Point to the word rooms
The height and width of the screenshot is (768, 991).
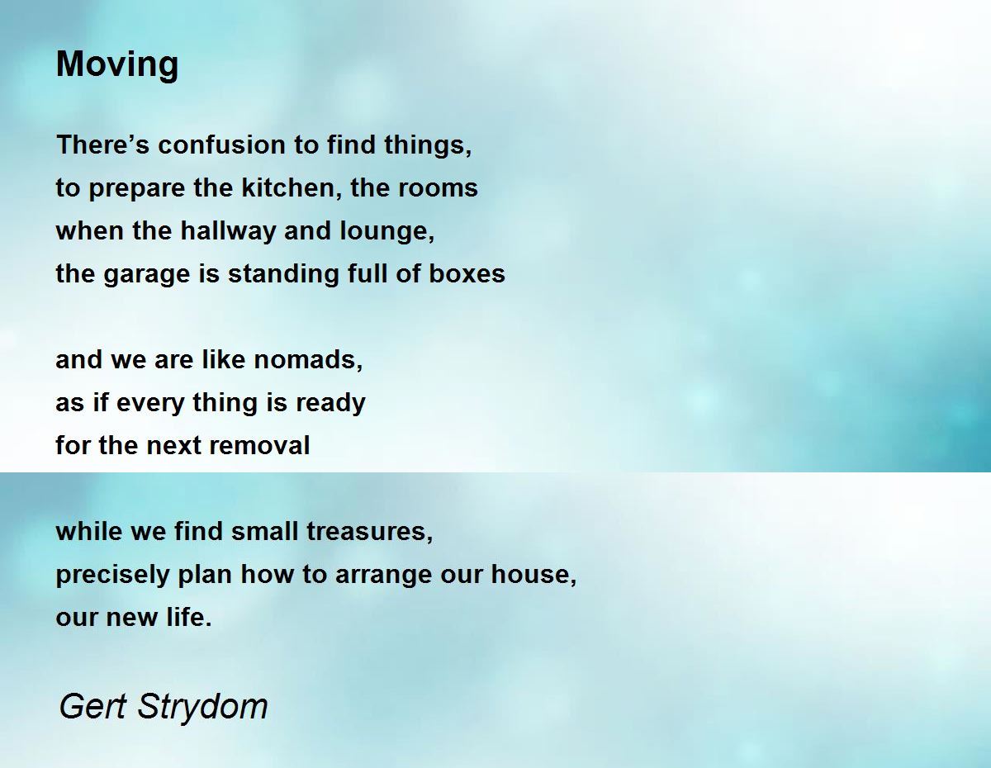point(438,188)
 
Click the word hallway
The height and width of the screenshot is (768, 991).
point(229,231)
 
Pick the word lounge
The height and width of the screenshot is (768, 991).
point(387,231)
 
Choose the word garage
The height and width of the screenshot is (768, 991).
point(147,274)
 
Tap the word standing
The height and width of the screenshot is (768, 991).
point(283,274)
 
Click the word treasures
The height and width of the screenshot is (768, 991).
point(370,532)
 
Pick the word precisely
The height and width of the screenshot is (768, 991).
point(112,575)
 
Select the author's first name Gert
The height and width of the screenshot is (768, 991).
point(92,707)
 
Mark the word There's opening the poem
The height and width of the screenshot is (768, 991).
point(102,145)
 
